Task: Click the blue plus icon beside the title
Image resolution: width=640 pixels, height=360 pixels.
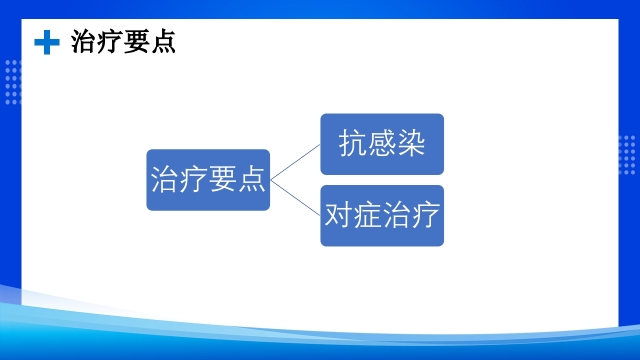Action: (46, 42)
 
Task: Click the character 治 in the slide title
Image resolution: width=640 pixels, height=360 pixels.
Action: (83, 41)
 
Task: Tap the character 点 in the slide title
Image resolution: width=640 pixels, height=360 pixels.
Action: (162, 41)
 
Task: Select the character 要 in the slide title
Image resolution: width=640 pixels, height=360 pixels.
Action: (136, 41)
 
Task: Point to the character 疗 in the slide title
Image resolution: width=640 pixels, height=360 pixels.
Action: (110, 41)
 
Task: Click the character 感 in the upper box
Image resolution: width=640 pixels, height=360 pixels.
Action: (382, 144)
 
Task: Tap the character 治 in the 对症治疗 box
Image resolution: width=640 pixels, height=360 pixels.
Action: (396, 215)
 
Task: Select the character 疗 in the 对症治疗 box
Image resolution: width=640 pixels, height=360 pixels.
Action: (425, 215)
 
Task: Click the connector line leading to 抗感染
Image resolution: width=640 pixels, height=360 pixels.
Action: (295, 162)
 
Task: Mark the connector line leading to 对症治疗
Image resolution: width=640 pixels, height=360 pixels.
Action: (295, 198)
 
